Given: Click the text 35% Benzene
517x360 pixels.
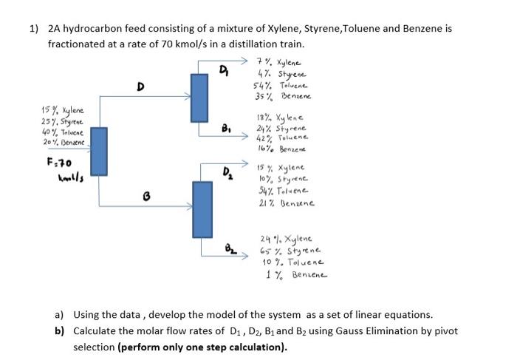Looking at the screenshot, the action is [282, 97].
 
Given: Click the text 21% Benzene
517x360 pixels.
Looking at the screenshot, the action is [287, 201].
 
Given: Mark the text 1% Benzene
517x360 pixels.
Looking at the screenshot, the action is [293, 274].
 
